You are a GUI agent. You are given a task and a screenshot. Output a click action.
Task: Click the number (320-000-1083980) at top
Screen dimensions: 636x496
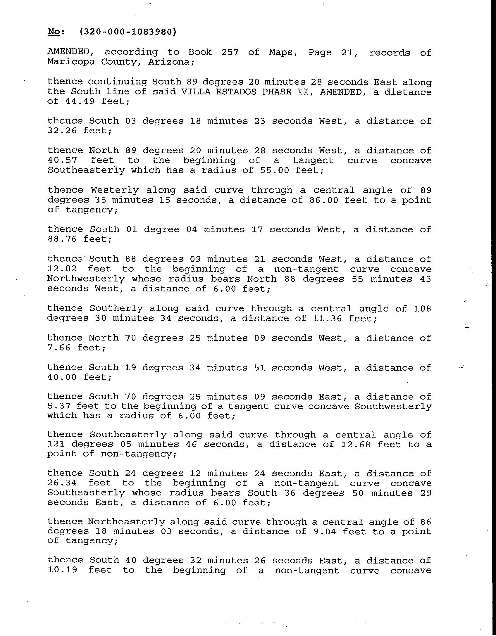pyautogui.click(x=128, y=32)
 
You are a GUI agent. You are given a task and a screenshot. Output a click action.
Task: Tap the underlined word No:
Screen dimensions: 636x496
pyautogui.click(x=56, y=32)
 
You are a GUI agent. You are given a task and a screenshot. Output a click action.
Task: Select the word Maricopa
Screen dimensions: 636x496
pyautogui.click(x=71, y=62)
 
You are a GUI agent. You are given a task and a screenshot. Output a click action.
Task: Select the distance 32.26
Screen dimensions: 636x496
pyautogui.click(x=62, y=131)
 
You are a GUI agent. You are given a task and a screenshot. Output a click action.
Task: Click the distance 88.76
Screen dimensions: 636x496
pyautogui.click(x=62, y=239)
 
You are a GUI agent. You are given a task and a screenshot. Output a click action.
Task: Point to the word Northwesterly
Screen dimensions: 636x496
pyautogui.click(x=86, y=279)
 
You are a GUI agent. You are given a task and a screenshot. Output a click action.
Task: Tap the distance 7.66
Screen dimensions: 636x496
pyautogui.click(x=59, y=348)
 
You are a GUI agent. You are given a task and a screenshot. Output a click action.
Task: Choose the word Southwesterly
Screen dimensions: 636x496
pyautogui.click(x=393, y=406)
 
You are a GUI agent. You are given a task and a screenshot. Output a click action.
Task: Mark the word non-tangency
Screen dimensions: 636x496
pyautogui.click(x=138, y=454)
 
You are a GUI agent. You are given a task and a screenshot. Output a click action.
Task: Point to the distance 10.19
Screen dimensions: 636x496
pyautogui.click(x=62, y=570)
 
